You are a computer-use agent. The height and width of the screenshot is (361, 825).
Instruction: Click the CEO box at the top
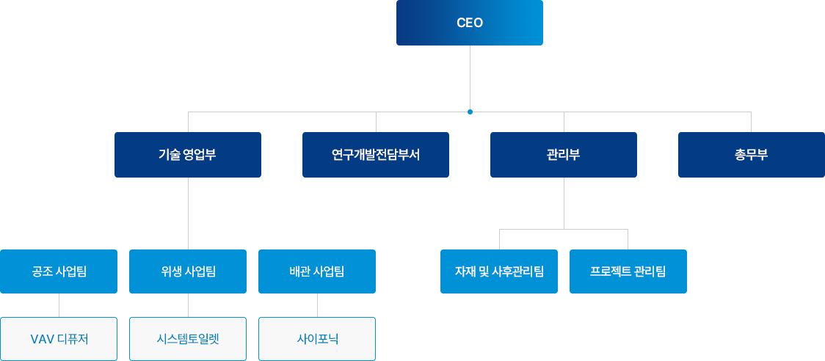469,23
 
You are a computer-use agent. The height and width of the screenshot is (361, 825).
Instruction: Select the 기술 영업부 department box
187,155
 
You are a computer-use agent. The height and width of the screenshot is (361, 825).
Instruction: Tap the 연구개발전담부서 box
375,155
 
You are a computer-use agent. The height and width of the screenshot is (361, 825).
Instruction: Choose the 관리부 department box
563,155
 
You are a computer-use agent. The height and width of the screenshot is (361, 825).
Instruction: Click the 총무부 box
750,155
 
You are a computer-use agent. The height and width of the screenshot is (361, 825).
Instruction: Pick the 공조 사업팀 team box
59,271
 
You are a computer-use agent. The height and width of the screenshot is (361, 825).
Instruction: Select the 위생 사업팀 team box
188,271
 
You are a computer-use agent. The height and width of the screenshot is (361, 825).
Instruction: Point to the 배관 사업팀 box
316,271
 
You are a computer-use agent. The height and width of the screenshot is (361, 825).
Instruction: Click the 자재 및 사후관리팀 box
498,271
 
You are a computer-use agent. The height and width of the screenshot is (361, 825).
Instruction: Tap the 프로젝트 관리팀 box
628,271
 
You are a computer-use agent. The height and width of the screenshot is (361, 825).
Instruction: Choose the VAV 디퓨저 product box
59,339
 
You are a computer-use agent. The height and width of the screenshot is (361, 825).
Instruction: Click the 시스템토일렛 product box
188,339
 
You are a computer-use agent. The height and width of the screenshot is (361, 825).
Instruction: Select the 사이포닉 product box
317,339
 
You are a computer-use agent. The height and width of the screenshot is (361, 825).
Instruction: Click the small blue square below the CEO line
470,112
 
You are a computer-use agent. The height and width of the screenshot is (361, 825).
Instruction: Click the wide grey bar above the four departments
294,120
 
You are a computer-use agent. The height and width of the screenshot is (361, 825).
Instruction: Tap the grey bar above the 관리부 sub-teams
563,237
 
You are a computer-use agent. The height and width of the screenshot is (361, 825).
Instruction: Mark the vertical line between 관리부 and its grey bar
563,203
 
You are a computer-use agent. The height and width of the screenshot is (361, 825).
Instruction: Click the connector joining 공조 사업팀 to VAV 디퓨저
59,305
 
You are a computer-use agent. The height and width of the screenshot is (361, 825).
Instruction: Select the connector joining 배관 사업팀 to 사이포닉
317,305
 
